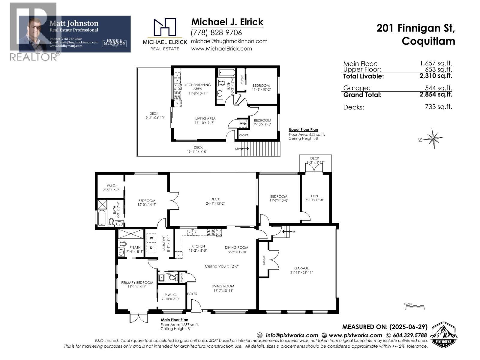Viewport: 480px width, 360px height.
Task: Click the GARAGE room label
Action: click(301, 268)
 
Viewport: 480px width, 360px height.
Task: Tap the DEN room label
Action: click(314, 196)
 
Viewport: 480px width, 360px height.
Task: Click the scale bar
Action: click(414, 306)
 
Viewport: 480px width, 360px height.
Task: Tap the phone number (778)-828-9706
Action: click(216, 32)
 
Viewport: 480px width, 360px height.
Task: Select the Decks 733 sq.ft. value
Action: click(438, 106)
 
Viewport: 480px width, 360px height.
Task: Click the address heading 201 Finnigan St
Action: click(415, 28)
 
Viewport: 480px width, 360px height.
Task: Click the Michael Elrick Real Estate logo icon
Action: click(165, 27)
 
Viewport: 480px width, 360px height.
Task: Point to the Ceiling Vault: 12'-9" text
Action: click(222, 266)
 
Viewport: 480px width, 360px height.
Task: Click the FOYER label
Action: click(192, 294)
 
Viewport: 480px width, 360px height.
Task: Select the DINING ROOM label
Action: click(236, 247)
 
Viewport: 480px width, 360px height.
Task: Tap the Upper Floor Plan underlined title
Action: click(303, 130)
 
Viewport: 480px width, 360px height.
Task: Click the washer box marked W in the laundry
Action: click(151, 238)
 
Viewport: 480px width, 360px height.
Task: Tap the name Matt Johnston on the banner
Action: click(74, 23)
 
